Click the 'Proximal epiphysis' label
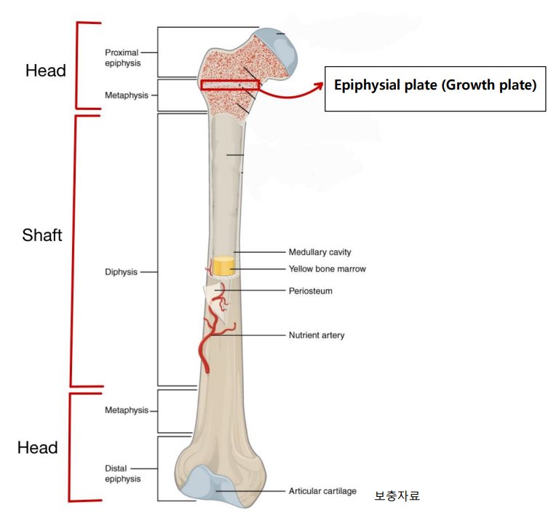pos(122,58)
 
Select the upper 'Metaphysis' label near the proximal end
pos(125,95)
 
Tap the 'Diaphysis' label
pos(121,272)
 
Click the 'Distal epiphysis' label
pos(122,474)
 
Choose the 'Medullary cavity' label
pos(320,252)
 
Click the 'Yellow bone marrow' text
pos(327,269)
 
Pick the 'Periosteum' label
pos(310,291)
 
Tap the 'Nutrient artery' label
pos(317,335)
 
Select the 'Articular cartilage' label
pos(322,491)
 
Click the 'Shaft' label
pos(42,235)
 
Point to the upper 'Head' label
pos(45,71)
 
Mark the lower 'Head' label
pos(38,447)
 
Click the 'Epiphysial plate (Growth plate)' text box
pos(434,85)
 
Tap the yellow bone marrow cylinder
pos(223,267)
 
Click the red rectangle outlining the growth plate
pos(229,85)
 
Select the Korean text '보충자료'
pos(397,496)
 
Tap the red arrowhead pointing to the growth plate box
pos(318,86)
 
